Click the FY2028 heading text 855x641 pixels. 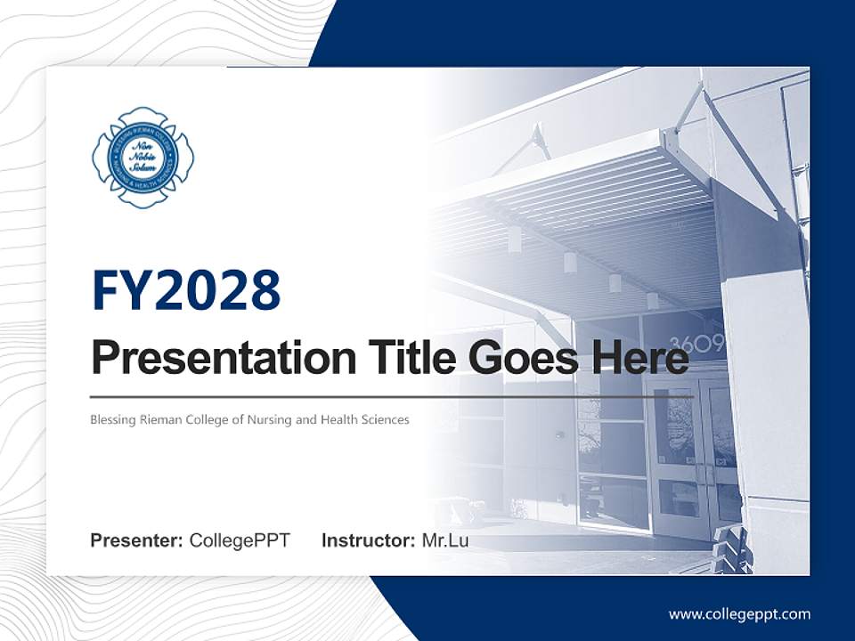(186, 291)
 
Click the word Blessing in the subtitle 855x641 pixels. (110, 419)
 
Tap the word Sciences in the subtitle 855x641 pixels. (384, 419)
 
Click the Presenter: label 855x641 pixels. (137, 540)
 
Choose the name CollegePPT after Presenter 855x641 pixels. (240, 540)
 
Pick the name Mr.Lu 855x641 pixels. (444, 540)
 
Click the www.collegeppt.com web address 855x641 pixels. (739, 613)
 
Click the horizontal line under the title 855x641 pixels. (392, 396)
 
